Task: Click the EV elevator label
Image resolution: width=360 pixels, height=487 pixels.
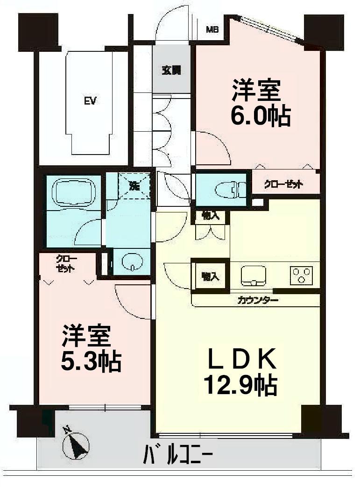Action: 90,101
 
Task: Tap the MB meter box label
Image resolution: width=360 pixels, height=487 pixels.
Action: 213,30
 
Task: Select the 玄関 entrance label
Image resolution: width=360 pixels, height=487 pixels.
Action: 171,71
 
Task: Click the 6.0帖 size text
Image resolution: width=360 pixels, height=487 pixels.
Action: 261,116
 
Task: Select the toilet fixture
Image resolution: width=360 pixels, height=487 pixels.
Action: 228,189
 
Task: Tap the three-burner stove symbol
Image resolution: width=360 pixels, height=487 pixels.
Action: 301,275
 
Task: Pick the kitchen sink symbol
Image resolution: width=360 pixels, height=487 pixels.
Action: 254,275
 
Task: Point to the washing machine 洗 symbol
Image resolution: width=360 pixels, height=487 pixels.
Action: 134,185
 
